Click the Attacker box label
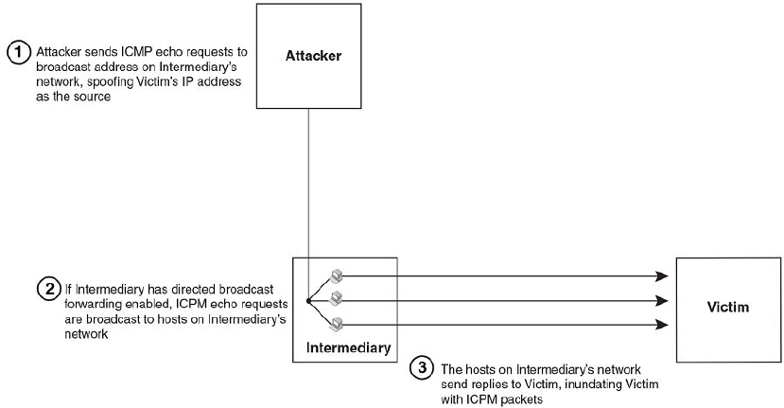click(312, 57)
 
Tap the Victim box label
click(728, 309)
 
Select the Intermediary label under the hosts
click(348, 348)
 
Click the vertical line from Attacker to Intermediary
click(309, 189)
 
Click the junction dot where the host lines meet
click(309, 302)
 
